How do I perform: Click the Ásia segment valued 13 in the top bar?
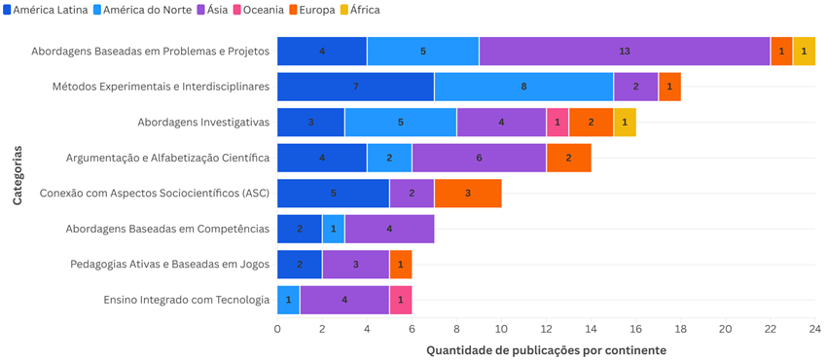625,51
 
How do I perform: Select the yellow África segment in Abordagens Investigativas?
625,122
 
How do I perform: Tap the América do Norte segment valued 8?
523,87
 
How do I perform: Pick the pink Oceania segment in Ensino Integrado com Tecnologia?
401,300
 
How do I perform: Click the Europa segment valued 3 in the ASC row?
468,193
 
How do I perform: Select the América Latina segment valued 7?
355,87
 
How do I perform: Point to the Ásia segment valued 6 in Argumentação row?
479,158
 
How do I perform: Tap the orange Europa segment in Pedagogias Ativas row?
401,264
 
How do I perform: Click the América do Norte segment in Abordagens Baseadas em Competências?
333,229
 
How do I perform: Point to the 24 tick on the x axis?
815,329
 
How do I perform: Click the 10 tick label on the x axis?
501,329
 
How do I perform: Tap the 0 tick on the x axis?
277,329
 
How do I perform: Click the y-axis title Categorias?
17,175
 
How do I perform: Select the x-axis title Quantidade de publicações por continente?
546,350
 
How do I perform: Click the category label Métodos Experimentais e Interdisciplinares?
161,87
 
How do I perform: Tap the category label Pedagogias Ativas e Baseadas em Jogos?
169,264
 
